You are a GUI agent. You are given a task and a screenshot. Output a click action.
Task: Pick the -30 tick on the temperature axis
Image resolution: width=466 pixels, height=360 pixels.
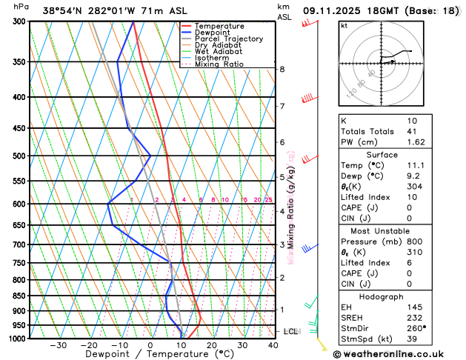pyautogui.click(x=58, y=345)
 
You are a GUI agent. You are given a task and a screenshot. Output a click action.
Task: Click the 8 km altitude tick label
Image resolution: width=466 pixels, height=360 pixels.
pyautogui.click(x=282, y=69)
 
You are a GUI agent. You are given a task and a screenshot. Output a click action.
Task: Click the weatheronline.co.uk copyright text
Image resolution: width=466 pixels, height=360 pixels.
pyautogui.click(x=401, y=353)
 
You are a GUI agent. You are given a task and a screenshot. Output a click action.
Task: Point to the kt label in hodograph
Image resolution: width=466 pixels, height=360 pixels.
pyautogui.click(x=344, y=26)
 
